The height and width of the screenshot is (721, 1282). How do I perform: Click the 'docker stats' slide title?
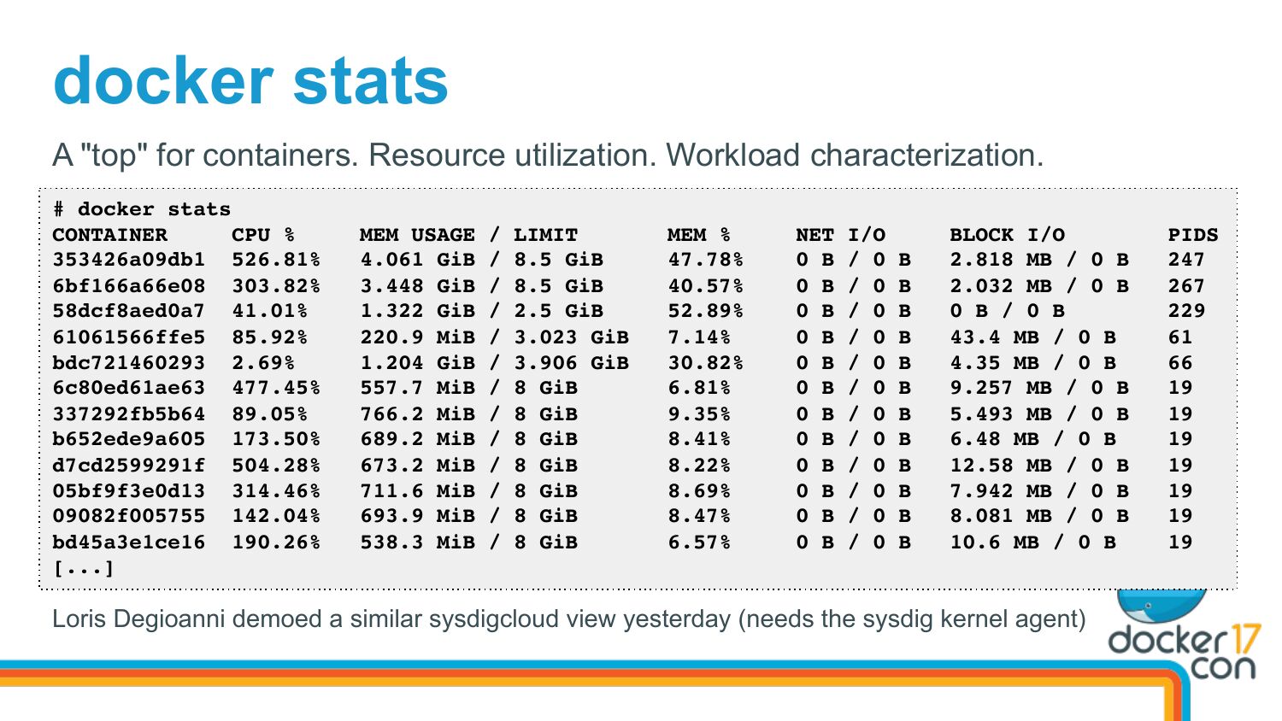(250, 82)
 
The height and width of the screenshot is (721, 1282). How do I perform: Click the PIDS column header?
(1192, 235)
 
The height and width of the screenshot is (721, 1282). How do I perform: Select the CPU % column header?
(262, 235)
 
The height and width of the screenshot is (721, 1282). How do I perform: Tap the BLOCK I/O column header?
(1007, 235)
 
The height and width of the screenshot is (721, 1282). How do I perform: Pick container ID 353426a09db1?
(128, 260)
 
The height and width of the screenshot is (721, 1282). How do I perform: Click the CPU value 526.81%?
(275, 260)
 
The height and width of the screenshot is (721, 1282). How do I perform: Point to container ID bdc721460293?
(128, 362)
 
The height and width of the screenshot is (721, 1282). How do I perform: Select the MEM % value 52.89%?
(705, 311)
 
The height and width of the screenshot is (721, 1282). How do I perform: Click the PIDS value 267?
(1186, 285)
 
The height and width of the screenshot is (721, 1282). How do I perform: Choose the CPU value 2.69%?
(262, 362)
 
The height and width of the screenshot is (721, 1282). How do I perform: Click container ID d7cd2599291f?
(128, 465)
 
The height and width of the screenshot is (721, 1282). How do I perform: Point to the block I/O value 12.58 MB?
(1001, 465)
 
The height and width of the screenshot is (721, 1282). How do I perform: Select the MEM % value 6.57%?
(699, 542)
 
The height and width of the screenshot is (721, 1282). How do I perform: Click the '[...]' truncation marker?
(83, 568)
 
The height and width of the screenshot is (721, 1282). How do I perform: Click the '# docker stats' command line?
(142, 209)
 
